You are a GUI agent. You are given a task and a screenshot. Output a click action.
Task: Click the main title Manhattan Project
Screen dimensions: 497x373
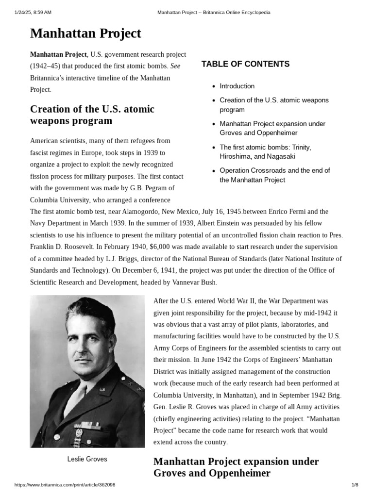(x=85, y=33)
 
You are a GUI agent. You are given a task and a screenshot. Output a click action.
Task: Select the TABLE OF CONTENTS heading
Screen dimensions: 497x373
(x=245, y=64)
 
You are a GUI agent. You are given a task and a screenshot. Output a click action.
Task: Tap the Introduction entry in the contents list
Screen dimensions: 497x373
(x=237, y=86)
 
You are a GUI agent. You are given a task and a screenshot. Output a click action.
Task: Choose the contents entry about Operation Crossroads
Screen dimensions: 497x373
(x=274, y=175)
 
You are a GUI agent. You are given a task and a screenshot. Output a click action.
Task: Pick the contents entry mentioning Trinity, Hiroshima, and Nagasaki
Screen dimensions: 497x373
(x=265, y=151)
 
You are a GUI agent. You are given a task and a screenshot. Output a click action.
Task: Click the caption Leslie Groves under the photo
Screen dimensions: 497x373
(x=87, y=459)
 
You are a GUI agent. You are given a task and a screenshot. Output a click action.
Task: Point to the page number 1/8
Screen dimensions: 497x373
(x=355, y=485)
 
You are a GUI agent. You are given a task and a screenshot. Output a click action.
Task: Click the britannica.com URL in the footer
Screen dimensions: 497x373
(x=65, y=485)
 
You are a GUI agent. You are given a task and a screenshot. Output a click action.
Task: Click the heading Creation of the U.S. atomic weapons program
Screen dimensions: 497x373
(x=92, y=115)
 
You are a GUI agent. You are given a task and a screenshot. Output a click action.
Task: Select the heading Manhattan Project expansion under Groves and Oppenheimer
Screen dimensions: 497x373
(x=236, y=467)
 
